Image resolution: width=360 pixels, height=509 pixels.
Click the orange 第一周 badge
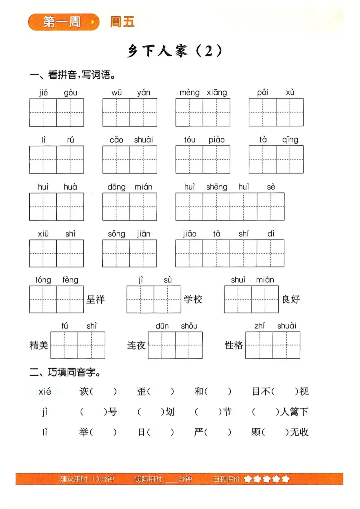coord(63,22)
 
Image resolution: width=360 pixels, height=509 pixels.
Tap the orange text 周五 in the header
coord(122,22)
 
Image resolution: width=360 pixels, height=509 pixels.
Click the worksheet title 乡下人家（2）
coord(175,51)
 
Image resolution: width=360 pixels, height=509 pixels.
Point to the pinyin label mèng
coord(189,92)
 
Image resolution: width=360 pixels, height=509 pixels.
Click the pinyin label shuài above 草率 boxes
coord(143,140)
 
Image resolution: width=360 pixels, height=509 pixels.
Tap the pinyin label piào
coord(217,140)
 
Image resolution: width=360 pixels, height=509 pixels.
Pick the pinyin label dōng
coord(116,187)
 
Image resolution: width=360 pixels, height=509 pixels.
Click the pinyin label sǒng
coord(116,234)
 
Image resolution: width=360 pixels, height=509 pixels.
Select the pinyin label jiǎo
coord(189,234)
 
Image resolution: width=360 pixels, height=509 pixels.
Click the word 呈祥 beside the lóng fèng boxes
coord(96,299)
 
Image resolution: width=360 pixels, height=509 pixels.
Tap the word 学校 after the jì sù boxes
coord(193,299)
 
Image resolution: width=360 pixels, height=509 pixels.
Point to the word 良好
coord(291,299)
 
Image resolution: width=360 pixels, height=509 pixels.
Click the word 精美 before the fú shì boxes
coord(39,345)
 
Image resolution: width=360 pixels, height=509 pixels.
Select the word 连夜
coord(136,345)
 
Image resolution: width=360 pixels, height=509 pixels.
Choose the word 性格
coord(234,345)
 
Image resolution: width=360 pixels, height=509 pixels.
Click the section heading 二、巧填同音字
coord(65,372)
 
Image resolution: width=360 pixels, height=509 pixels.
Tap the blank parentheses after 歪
coord(161,391)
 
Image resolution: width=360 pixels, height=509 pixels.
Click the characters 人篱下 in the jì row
coord(294,412)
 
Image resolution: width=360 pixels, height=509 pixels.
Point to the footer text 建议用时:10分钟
coord(87,479)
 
